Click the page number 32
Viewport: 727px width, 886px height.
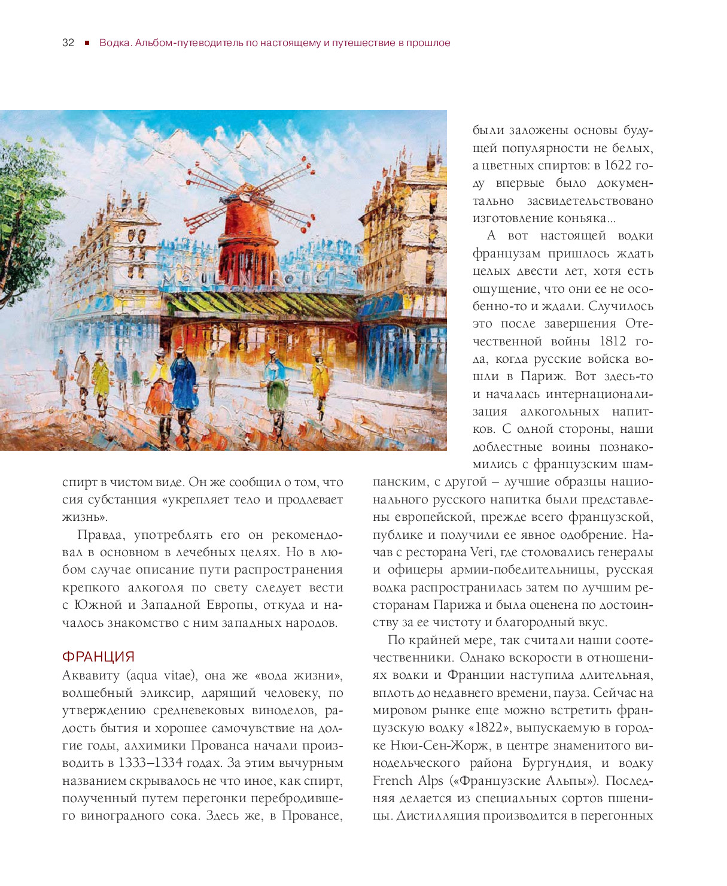(x=68, y=43)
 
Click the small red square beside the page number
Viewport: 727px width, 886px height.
(x=87, y=43)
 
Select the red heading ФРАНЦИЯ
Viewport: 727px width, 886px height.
(x=98, y=657)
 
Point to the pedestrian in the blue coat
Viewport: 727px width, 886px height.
(x=184, y=383)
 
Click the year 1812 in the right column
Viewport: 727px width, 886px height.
(x=612, y=341)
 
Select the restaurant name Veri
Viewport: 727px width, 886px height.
(x=482, y=552)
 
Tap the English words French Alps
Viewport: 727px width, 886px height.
(x=408, y=781)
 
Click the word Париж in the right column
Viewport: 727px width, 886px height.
(x=542, y=377)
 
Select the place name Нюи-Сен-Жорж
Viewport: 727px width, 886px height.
(x=431, y=746)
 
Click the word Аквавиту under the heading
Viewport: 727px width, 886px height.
(x=92, y=675)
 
